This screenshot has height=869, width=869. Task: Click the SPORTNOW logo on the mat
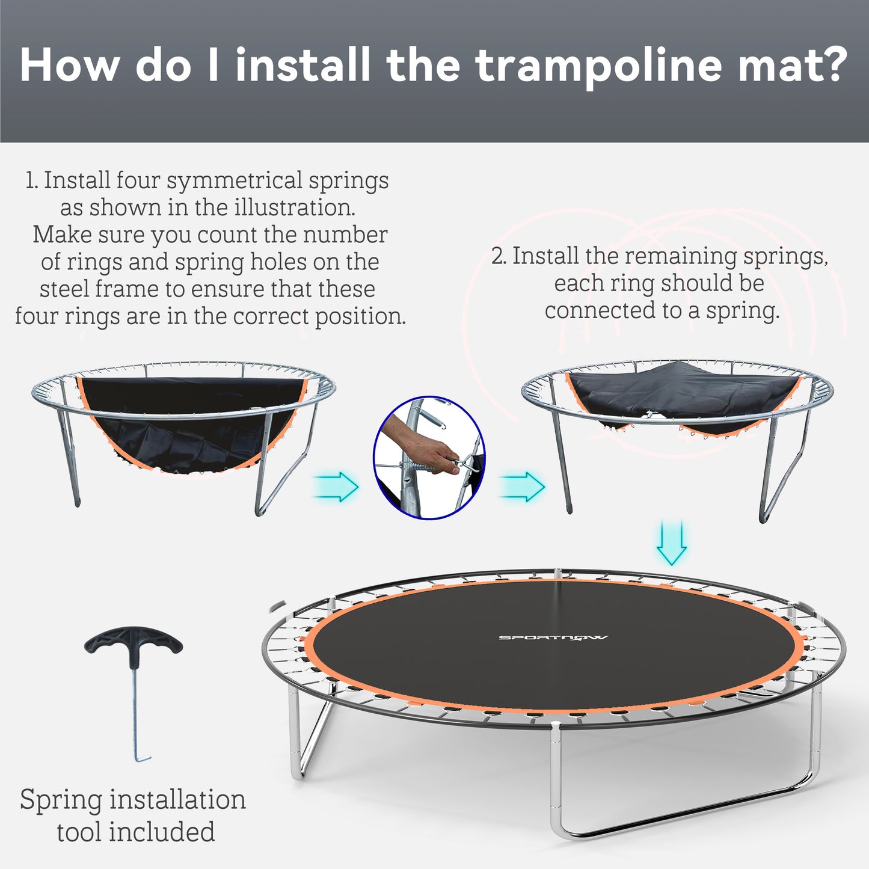pos(553,637)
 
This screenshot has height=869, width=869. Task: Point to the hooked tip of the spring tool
pos(142,760)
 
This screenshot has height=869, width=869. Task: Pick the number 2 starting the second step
pos(499,256)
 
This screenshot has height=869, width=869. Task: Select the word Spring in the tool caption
pos(61,800)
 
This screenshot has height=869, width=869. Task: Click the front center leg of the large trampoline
pos(556,782)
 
